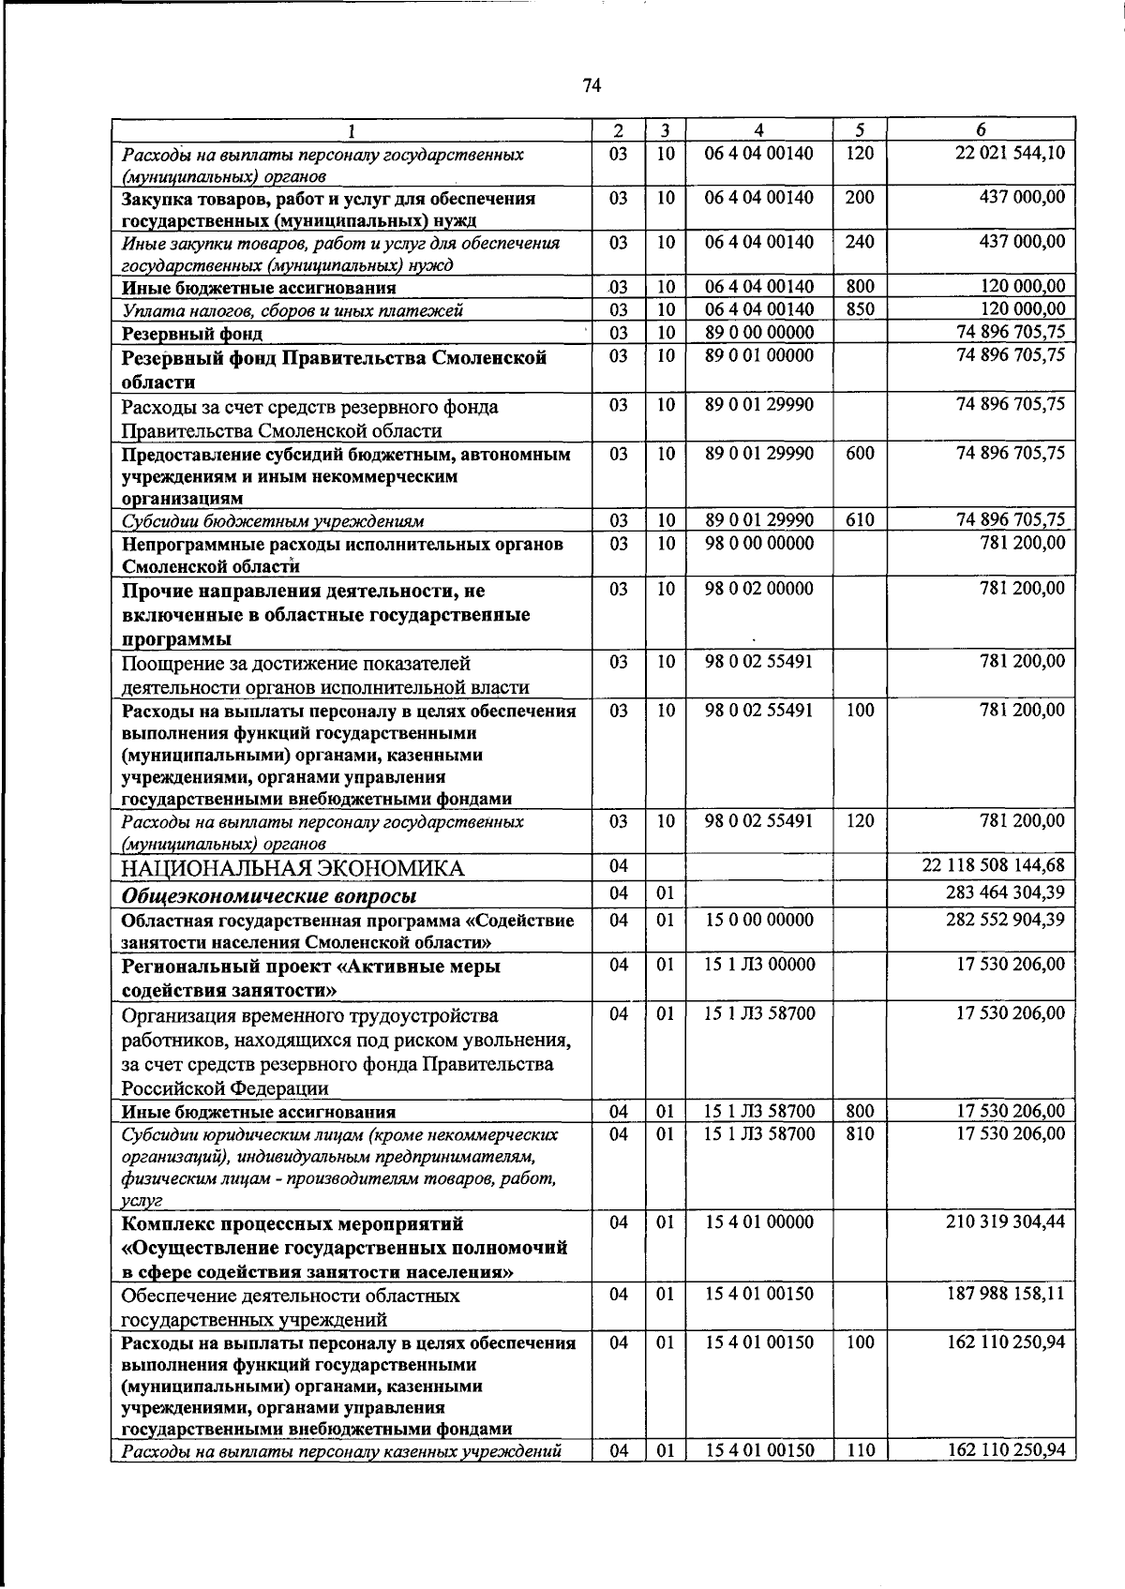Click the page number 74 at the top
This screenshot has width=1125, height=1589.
[x=591, y=86]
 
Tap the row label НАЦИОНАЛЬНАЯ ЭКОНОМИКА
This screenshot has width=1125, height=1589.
[x=292, y=868]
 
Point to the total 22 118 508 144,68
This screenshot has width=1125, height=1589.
[x=994, y=865]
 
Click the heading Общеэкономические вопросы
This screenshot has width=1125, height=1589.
[x=270, y=895]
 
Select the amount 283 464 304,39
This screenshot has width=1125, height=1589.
[x=1005, y=892]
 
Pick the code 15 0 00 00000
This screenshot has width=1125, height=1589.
[x=758, y=920]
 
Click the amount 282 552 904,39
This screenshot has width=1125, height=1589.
[x=1005, y=920]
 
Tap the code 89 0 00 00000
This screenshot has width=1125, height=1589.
[x=758, y=333]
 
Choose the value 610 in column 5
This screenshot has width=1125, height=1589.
[x=860, y=520]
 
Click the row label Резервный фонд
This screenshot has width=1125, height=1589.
[x=192, y=334]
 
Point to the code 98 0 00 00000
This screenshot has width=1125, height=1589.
[x=758, y=544]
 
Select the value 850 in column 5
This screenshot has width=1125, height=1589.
[x=860, y=309]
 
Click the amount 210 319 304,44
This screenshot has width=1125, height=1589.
[x=1005, y=1222]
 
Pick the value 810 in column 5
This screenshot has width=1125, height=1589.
[x=860, y=1133]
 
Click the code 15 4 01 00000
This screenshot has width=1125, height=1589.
[x=758, y=1222]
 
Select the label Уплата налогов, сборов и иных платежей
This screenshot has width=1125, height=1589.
[x=293, y=310]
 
